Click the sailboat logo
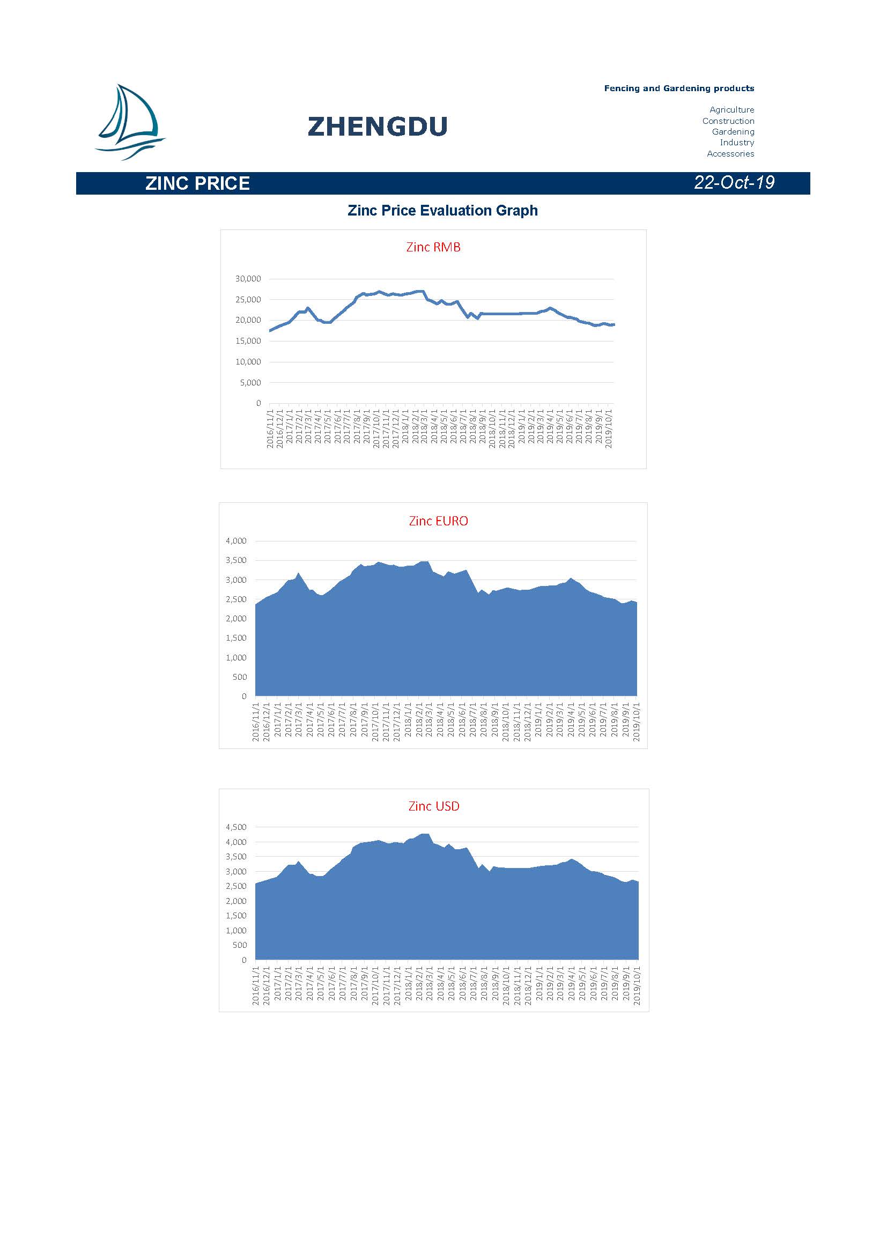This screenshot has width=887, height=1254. pos(129,122)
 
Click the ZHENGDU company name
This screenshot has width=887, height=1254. pos(378,127)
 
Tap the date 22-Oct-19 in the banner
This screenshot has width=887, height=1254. pos(734,182)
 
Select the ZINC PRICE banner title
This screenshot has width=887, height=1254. pos(197,183)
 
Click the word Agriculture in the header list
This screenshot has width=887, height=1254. pos(731,110)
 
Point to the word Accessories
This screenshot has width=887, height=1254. pos(730,153)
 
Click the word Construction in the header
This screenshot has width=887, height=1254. pos(728,121)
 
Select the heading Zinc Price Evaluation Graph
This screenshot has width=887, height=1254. pos(442,211)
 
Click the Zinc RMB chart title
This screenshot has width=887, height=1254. pos(433,247)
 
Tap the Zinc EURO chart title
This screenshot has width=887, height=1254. pos(438,521)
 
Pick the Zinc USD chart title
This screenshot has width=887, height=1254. pos(434,806)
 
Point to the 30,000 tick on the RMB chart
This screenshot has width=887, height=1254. pos(248,279)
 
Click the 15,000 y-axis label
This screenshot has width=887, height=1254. pos(248,341)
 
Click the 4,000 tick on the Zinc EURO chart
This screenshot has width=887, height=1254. pos(236,541)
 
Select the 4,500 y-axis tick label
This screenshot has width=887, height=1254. pos(236,827)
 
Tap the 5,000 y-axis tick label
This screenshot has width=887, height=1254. pos(250,382)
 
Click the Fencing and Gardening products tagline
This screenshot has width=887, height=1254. pos(679,88)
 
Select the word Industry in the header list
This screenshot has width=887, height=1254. pos(737,143)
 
